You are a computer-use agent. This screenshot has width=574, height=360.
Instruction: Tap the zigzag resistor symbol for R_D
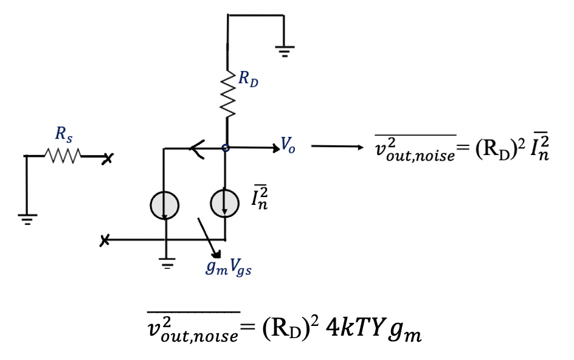[x=227, y=94]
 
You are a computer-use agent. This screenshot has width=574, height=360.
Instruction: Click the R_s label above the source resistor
[x=63, y=136]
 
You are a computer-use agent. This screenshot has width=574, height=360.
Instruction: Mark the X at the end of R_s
[x=108, y=159]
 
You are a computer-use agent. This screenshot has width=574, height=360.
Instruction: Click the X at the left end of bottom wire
[x=105, y=241]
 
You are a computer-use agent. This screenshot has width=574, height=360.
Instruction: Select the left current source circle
[x=164, y=205]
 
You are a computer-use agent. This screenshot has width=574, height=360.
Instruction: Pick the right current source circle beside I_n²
[x=224, y=205]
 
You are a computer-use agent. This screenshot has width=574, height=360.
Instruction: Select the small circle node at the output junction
[x=225, y=148]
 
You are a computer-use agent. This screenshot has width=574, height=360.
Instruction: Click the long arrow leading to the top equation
[x=334, y=147]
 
